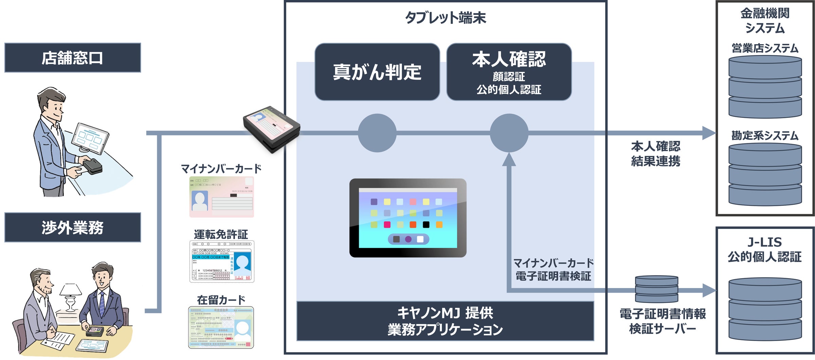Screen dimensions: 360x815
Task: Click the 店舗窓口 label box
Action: [x=72, y=58]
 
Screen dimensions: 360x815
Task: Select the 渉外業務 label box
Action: [x=72, y=227]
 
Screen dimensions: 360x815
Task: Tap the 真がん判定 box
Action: [x=377, y=72]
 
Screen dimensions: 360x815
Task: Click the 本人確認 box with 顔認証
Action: [x=509, y=72]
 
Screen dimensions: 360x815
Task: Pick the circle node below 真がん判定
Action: [x=377, y=133]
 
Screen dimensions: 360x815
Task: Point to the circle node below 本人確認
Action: [x=509, y=133]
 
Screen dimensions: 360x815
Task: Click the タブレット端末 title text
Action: [x=445, y=18]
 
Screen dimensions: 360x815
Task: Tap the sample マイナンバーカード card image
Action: [x=221, y=197]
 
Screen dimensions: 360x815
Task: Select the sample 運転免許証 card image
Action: [x=221, y=262]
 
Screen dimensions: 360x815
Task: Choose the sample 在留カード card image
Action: [x=221, y=327]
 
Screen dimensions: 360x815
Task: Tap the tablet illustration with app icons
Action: [x=408, y=218]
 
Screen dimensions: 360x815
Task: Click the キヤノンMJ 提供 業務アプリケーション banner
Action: [x=445, y=321]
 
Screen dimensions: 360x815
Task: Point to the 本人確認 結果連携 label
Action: [x=655, y=154]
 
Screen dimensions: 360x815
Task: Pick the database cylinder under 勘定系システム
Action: [x=765, y=174]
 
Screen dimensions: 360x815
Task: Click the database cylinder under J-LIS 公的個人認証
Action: [x=765, y=309]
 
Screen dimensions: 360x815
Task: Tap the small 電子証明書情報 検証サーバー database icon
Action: [x=656, y=289]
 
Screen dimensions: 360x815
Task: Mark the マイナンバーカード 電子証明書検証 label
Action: [x=553, y=269]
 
